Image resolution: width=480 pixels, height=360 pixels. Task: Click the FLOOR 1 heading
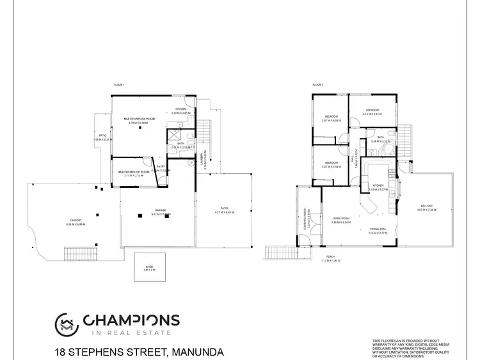tap(118, 85)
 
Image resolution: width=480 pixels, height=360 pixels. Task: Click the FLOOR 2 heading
tap(317, 85)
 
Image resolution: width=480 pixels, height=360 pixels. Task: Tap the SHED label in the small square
tap(148, 268)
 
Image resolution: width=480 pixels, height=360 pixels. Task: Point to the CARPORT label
tap(75, 222)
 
